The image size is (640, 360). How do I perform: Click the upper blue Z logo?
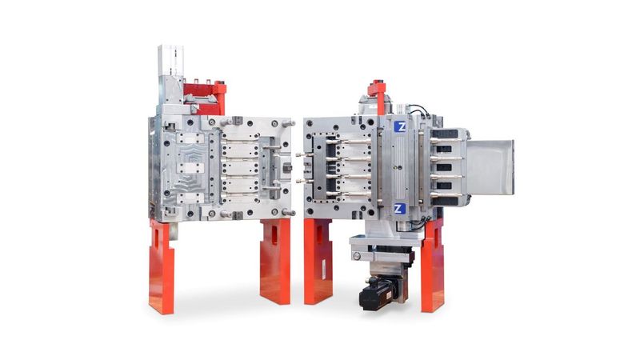[x=400, y=126]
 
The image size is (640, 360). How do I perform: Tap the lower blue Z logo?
[x=400, y=209]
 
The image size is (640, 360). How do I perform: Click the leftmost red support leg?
[x=162, y=267]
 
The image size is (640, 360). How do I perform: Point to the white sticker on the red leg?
[x=323, y=270]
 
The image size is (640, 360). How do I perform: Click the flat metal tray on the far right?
[x=490, y=167]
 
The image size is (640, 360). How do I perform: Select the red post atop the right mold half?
[x=378, y=96]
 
